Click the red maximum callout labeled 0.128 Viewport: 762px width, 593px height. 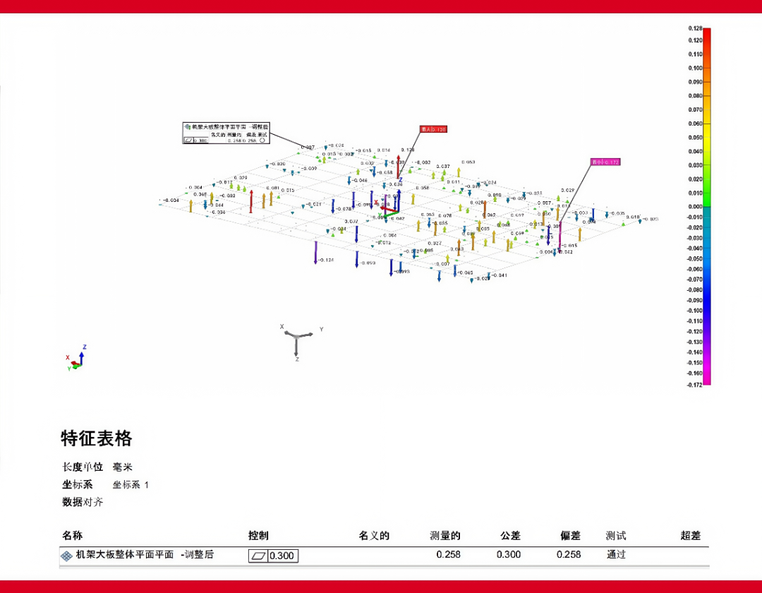[x=433, y=129]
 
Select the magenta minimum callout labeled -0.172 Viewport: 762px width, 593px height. [x=605, y=162]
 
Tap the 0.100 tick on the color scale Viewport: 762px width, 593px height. [x=695, y=68]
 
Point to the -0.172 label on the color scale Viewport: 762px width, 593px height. [x=695, y=385]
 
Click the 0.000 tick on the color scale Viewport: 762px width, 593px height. [x=695, y=207]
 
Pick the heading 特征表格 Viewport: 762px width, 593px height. [x=97, y=438]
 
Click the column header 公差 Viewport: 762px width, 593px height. [x=509, y=536]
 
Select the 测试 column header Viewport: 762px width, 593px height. [x=616, y=536]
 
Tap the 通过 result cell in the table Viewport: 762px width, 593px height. [x=616, y=554]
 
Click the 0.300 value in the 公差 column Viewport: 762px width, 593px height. [x=509, y=554]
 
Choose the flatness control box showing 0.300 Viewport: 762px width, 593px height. [x=273, y=556]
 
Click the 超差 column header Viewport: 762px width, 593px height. [x=690, y=536]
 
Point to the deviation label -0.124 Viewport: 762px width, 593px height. [x=325, y=260]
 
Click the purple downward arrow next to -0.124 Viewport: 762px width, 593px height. [x=315, y=252]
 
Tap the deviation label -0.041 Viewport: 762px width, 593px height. [x=498, y=275]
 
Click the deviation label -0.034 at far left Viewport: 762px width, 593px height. [x=170, y=200]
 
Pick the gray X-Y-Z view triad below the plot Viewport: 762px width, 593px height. [x=297, y=342]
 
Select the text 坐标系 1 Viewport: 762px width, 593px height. [x=131, y=485]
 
